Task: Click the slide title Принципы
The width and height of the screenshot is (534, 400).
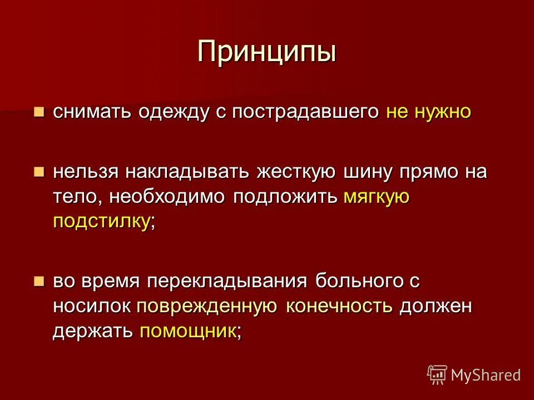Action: (x=267, y=52)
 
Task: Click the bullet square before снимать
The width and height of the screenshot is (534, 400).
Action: (x=38, y=112)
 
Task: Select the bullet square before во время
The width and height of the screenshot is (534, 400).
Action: (x=38, y=281)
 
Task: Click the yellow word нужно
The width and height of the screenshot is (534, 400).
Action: (x=443, y=112)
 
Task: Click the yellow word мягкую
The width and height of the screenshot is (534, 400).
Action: (x=377, y=197)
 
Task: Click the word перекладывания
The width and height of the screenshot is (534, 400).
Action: (x=227, y=282)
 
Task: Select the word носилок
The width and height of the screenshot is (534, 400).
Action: (x=92, y=307)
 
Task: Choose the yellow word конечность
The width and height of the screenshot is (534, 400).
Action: (x=339, y=307)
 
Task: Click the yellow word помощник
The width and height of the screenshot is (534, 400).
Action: (x=187, y=332)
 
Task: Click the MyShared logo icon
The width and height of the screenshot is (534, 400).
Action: (x=437, y=374)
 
